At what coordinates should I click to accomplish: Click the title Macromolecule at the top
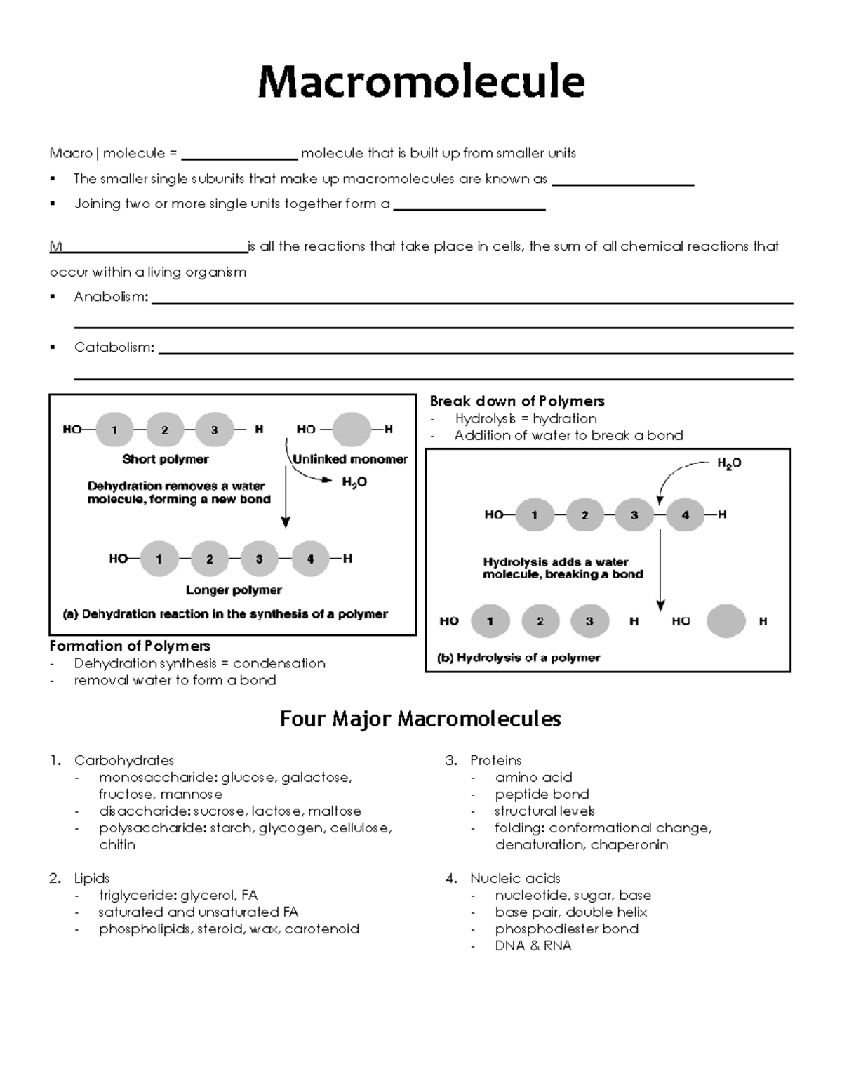(421, 81)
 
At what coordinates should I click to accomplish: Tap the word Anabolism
(110, 297)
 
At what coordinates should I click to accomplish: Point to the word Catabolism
(114, 347)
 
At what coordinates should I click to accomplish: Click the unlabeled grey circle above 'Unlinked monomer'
(351, 430)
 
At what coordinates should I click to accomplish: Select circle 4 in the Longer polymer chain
(310, 559)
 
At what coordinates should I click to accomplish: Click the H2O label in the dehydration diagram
(354, 482)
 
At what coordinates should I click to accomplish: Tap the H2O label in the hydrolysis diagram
(729, 463)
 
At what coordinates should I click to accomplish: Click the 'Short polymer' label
(165, 459)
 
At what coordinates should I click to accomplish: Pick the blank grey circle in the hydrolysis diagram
(726, 621)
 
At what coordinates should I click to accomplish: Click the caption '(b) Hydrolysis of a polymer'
(519, 658)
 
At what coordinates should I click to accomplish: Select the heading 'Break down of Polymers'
(517, 401)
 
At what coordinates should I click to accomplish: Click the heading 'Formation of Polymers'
(130, 646)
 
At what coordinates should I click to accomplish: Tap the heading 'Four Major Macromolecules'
(420, 719)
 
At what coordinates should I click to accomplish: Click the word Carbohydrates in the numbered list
(124, 760)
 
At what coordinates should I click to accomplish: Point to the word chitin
(117, 845)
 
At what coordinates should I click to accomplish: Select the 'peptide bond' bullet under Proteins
(542, 794)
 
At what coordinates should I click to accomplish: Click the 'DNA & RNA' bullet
(533, 945)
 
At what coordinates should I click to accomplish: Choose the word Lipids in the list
(92, 878)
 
